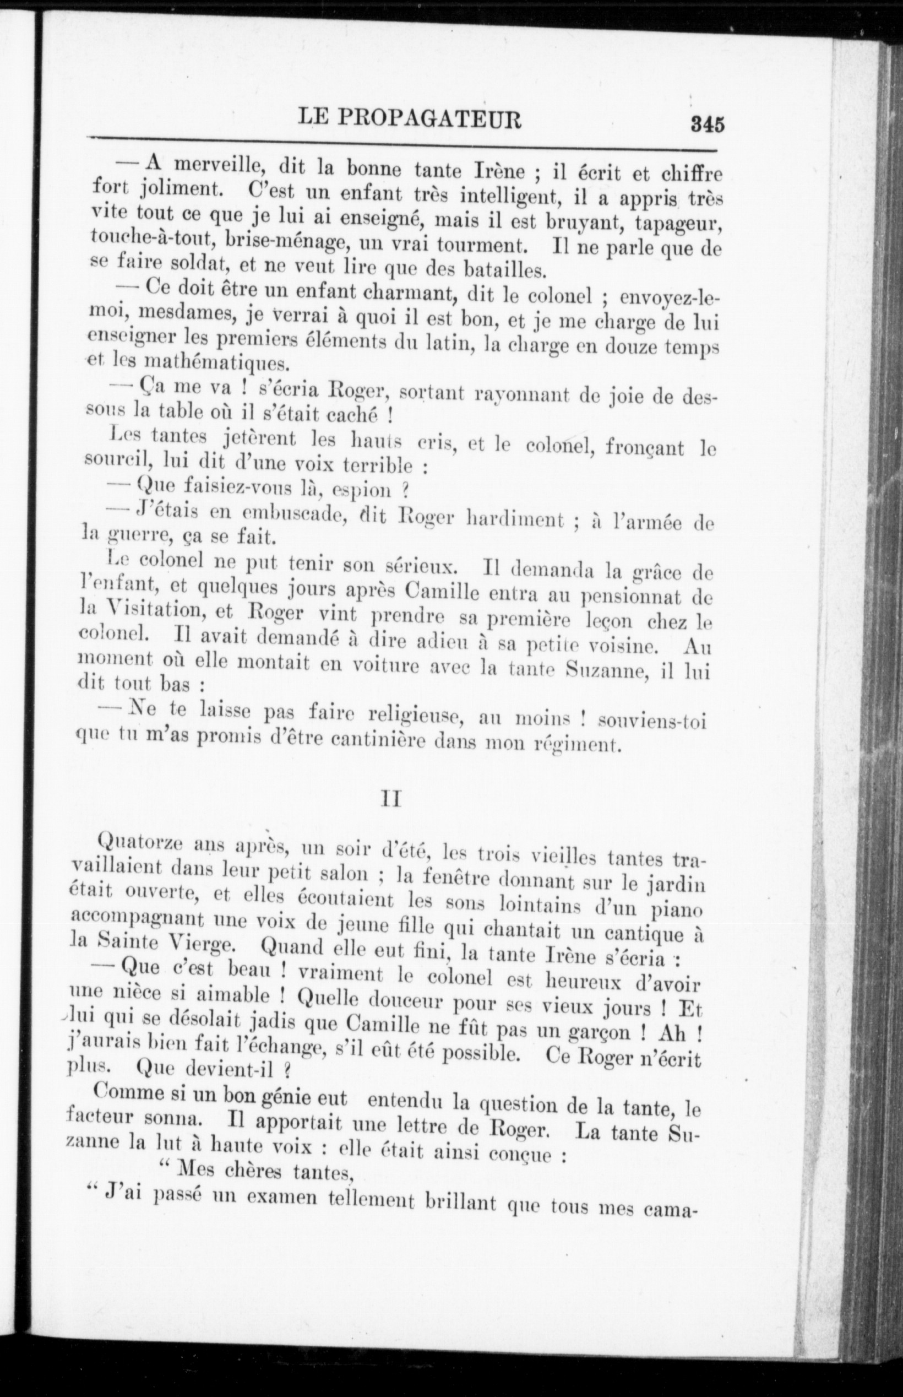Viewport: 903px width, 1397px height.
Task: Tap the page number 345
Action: click(708, 125)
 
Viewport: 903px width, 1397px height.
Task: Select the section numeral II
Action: click(391, 799)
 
